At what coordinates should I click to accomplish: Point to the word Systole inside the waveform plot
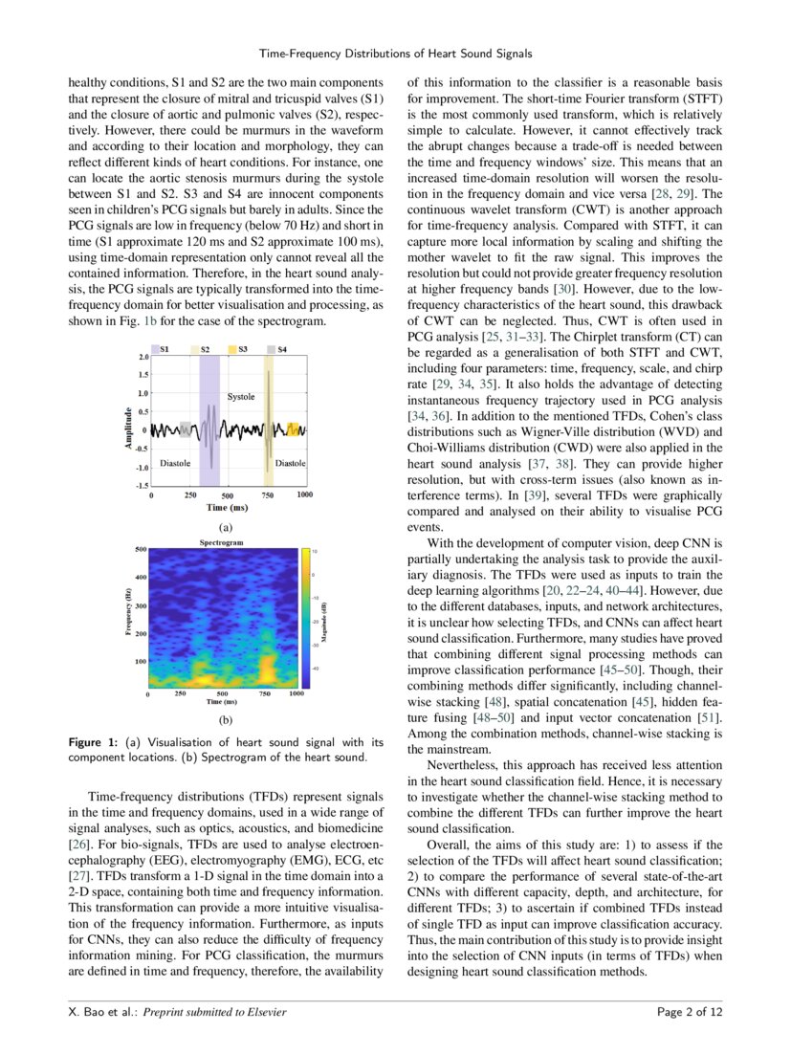tap(241, 396)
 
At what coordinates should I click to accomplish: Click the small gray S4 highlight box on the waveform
tap(186, 429)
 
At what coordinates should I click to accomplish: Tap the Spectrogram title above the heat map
tap(222, 542)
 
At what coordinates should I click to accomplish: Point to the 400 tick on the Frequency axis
tap(140, 578)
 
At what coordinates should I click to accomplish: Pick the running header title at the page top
tap(395, 53)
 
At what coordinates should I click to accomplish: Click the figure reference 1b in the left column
tap(150, 321)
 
